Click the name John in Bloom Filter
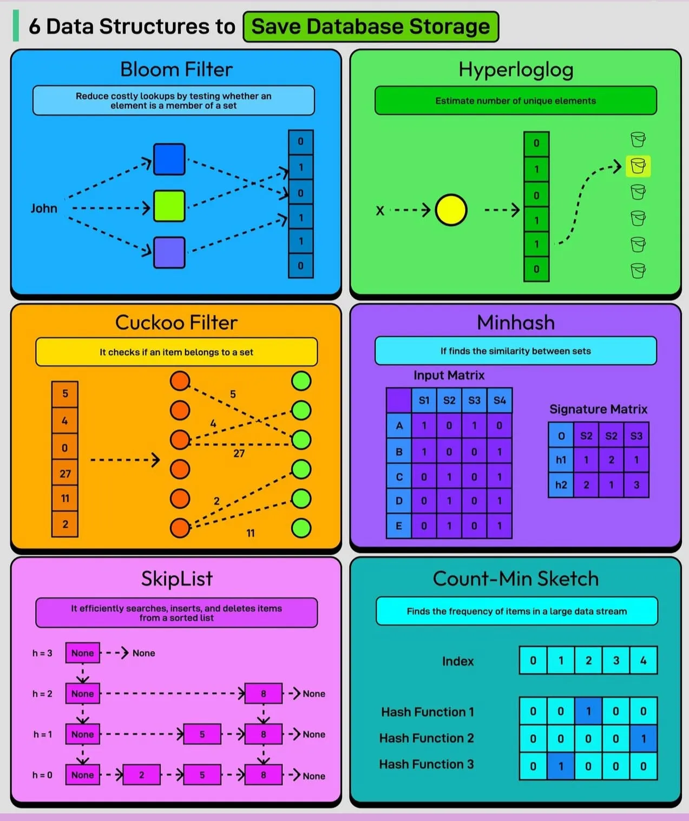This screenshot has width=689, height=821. click(44, 208)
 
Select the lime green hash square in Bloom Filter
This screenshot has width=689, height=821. click(169, 206)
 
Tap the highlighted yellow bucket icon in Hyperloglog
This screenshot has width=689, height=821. click(638, 166)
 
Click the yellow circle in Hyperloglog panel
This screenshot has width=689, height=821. click(451, 210)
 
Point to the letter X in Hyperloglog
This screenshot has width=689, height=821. click(380, 211)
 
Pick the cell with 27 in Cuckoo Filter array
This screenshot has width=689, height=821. click(65, 474)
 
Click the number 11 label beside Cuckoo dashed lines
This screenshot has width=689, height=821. click(251, 533)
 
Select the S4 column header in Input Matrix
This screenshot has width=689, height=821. click(499, 400)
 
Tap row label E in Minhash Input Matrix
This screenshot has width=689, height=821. click(399, 526)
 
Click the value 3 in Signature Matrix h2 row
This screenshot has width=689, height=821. click(636, 485)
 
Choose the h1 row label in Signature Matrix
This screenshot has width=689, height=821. click(561, 460)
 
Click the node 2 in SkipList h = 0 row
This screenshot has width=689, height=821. click(141, 775)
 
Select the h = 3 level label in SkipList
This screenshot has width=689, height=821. click(42, 653)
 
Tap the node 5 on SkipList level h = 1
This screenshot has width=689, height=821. click(202, 734)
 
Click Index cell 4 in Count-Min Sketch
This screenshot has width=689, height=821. click(643, 660)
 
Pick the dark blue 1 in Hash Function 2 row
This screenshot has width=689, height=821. click(643, 739)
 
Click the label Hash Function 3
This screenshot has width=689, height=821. click(426, 764)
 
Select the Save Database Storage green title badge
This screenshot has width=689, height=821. click(371, 27)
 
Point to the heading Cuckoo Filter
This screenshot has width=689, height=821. click(176, 323)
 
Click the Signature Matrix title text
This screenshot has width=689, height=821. click(598, 409)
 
